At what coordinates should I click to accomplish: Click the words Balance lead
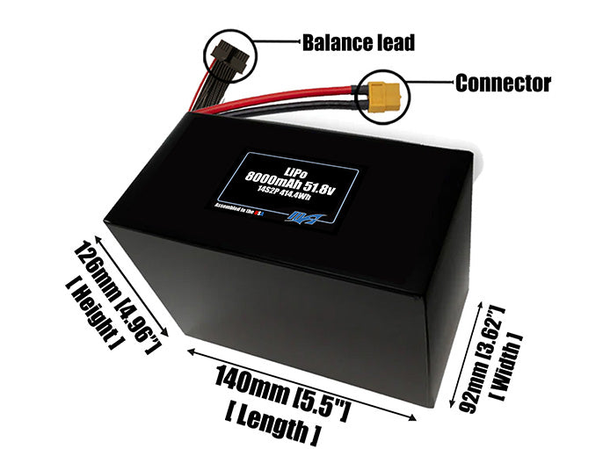pos(357,41)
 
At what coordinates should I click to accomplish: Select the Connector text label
pos(502,83)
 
